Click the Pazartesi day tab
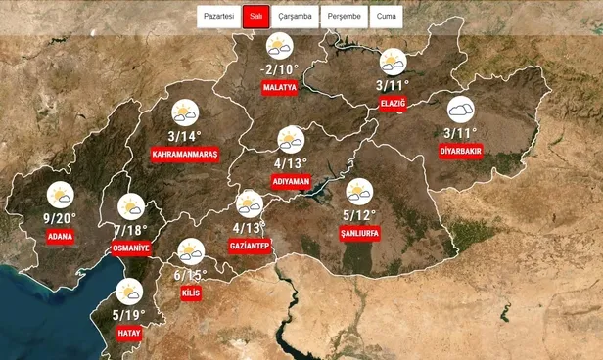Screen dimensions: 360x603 pos(217,17)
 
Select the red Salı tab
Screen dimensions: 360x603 pos(255,17)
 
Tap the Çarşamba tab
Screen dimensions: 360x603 pos(295,17)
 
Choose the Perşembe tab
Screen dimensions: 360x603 pos(345,17)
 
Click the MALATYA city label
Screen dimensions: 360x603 pos(279,88)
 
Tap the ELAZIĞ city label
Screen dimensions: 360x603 pos(393,103)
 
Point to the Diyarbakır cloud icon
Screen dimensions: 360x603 pos(460,110)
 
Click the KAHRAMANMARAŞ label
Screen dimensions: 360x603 pos(184,156)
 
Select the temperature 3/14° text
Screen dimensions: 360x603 pos(184,136)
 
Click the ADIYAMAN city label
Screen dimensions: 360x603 pos(291,182)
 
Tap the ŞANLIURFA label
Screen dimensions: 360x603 pos(359,234)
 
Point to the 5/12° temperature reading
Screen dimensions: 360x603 pos(359,214)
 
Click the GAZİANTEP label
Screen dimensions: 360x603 pos(249,247)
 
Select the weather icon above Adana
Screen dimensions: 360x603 pos(61,195)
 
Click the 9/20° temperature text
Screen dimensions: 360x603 pos(60,217)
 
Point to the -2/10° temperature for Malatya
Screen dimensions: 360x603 pos(279,69)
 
